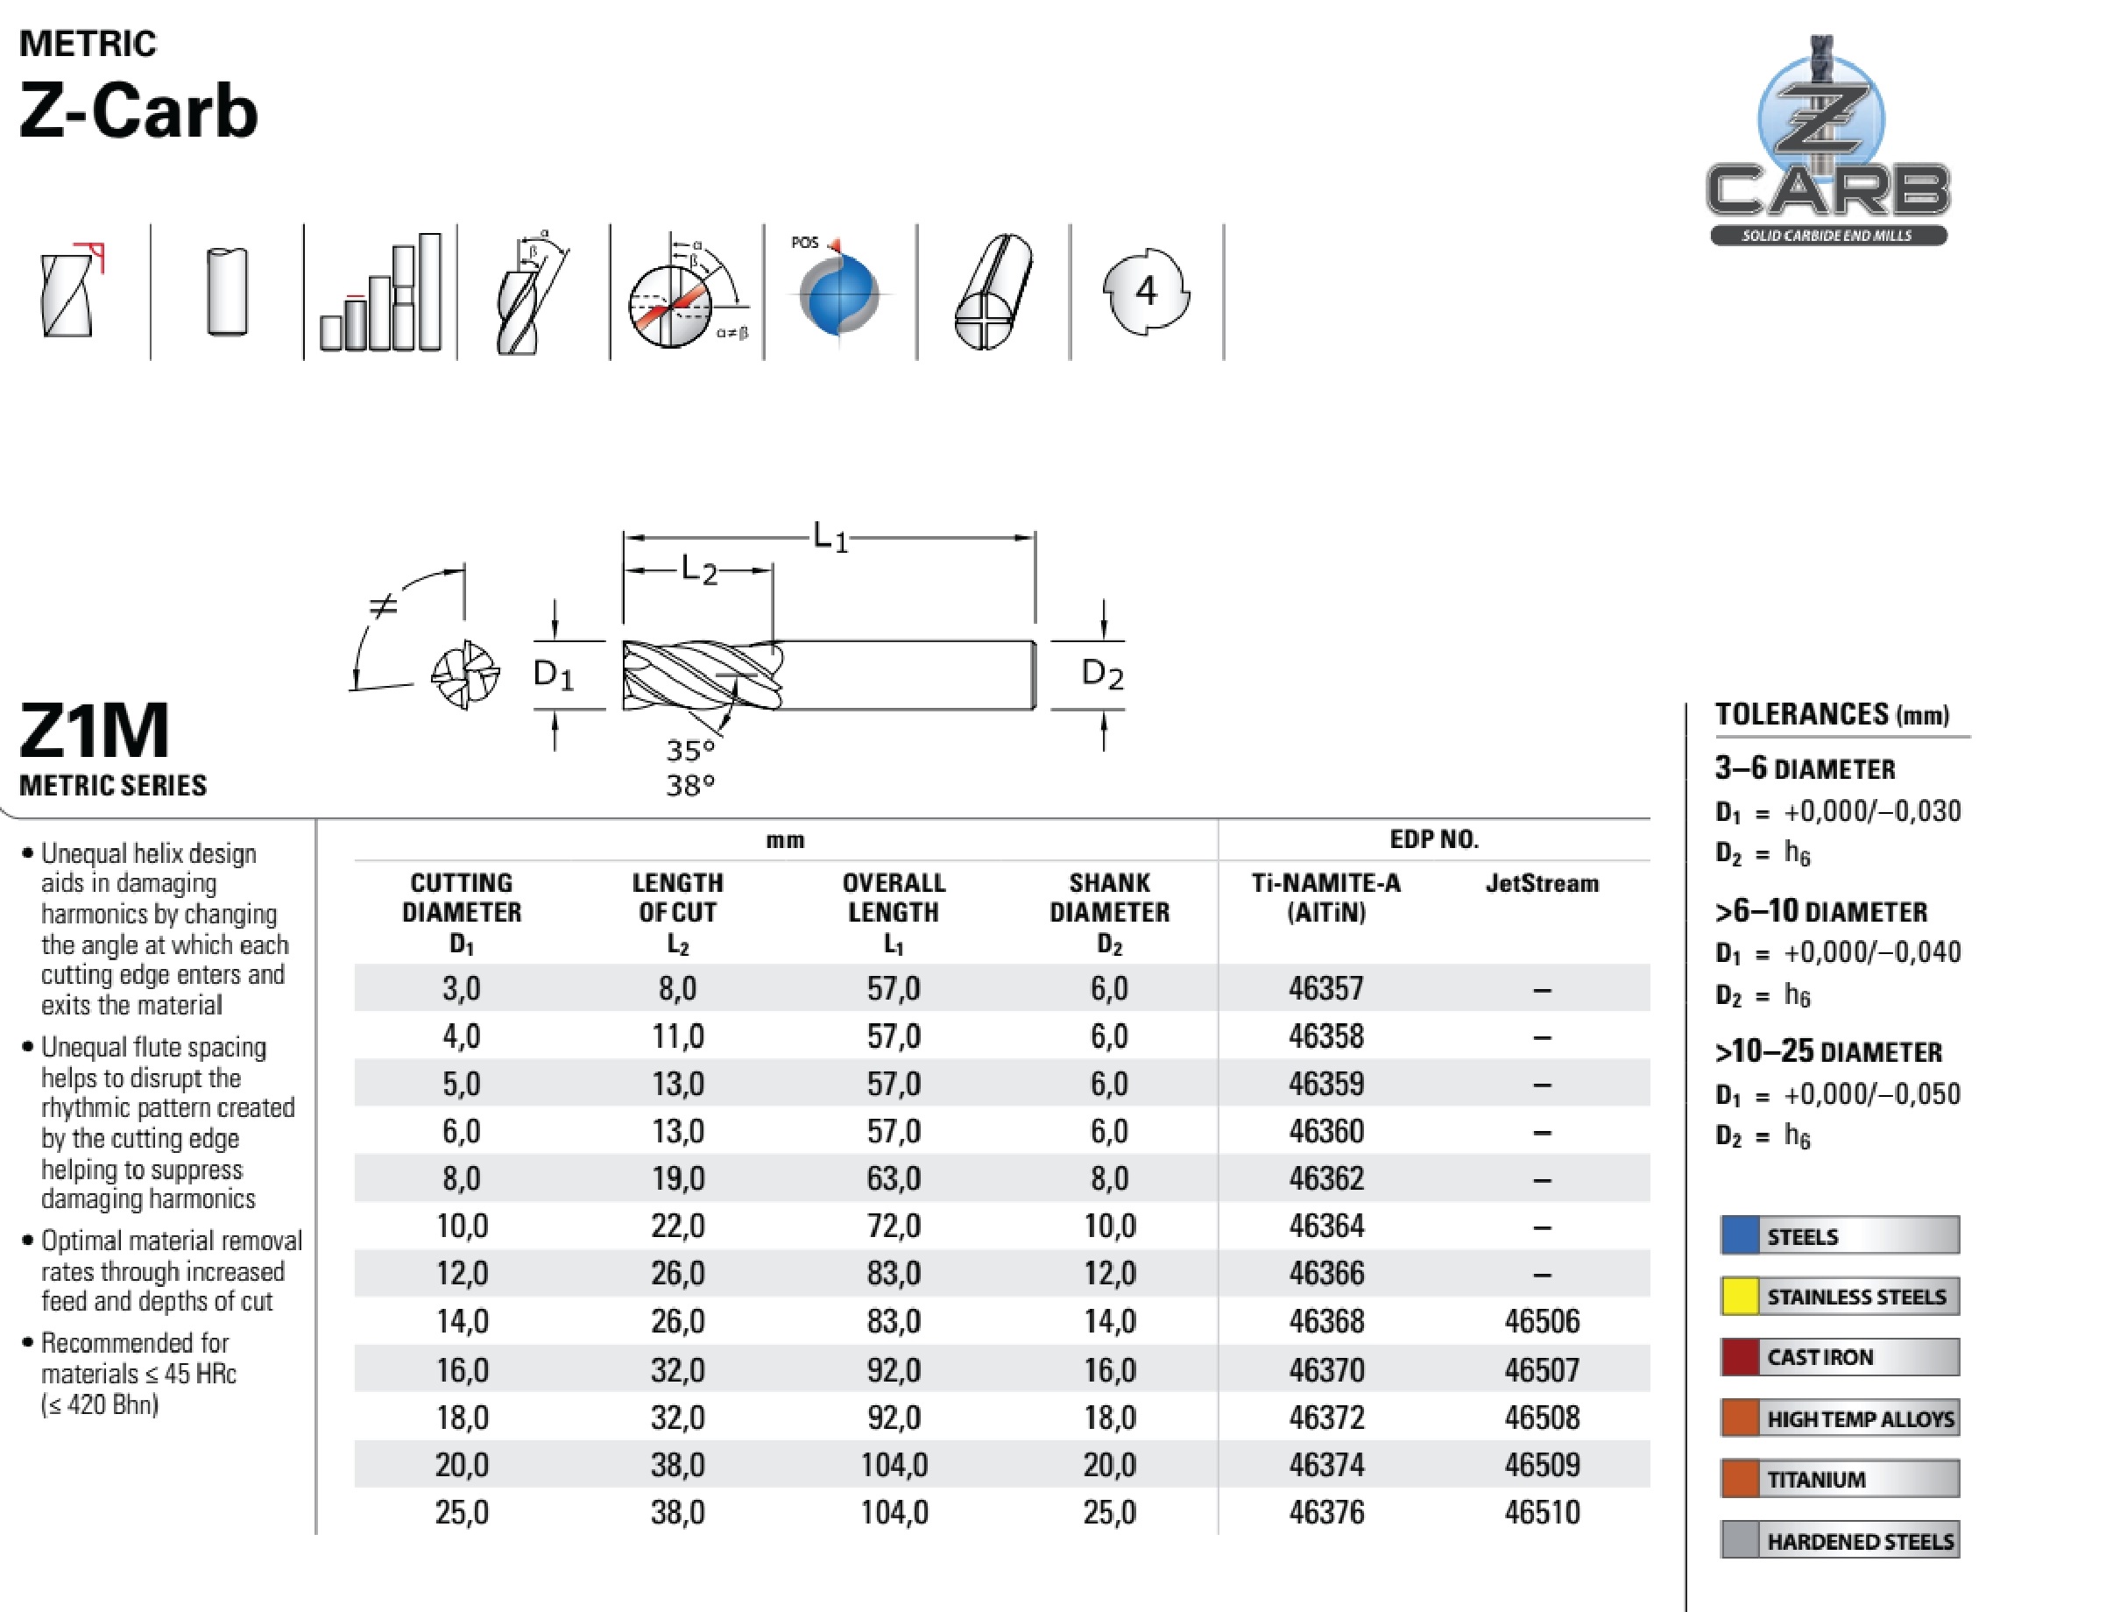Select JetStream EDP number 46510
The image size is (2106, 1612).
coord(1541,1512)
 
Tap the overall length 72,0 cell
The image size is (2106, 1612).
coord(894,1227)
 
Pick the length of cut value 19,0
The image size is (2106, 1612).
coord(677,1178)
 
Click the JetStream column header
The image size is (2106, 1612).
coord(1541,884)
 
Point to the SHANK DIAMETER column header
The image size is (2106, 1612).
coord(1109,911)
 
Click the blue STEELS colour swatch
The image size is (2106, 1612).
coord(1740,1236)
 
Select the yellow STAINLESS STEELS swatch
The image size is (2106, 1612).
coord(1740,1297)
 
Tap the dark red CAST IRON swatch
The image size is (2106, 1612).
coord(1740,1357)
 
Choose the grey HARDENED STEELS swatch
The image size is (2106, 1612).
coord(1740,1541)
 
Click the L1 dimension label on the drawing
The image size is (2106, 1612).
coord(830,537)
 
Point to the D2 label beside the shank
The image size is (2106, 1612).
coord(1101,675)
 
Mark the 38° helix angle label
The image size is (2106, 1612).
coord(689,786)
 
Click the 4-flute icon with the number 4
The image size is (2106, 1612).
coord(1146,292)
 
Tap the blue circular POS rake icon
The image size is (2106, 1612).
coord(838,293)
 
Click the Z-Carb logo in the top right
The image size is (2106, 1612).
coord(1827,144)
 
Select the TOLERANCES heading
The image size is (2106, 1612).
coord(1831,715)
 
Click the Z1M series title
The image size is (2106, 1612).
coord(94,732)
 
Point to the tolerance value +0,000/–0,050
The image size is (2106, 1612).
coord(1871,1094)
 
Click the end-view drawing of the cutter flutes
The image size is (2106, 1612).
coord(464,675)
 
